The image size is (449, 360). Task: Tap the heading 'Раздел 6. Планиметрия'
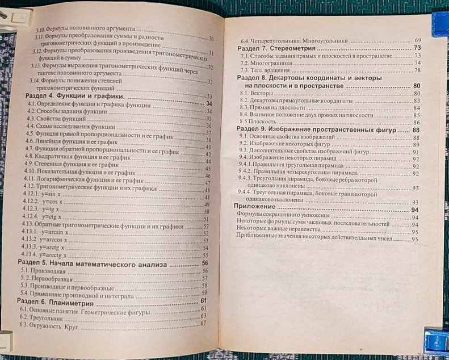(x=54, y=300)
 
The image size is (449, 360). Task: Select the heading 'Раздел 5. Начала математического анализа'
(x=91, y=263)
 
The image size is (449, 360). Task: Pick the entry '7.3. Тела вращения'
(x=265, y=70)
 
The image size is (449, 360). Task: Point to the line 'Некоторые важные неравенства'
(x=275, y=232)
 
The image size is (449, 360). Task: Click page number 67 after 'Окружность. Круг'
(x=203, y=324)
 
